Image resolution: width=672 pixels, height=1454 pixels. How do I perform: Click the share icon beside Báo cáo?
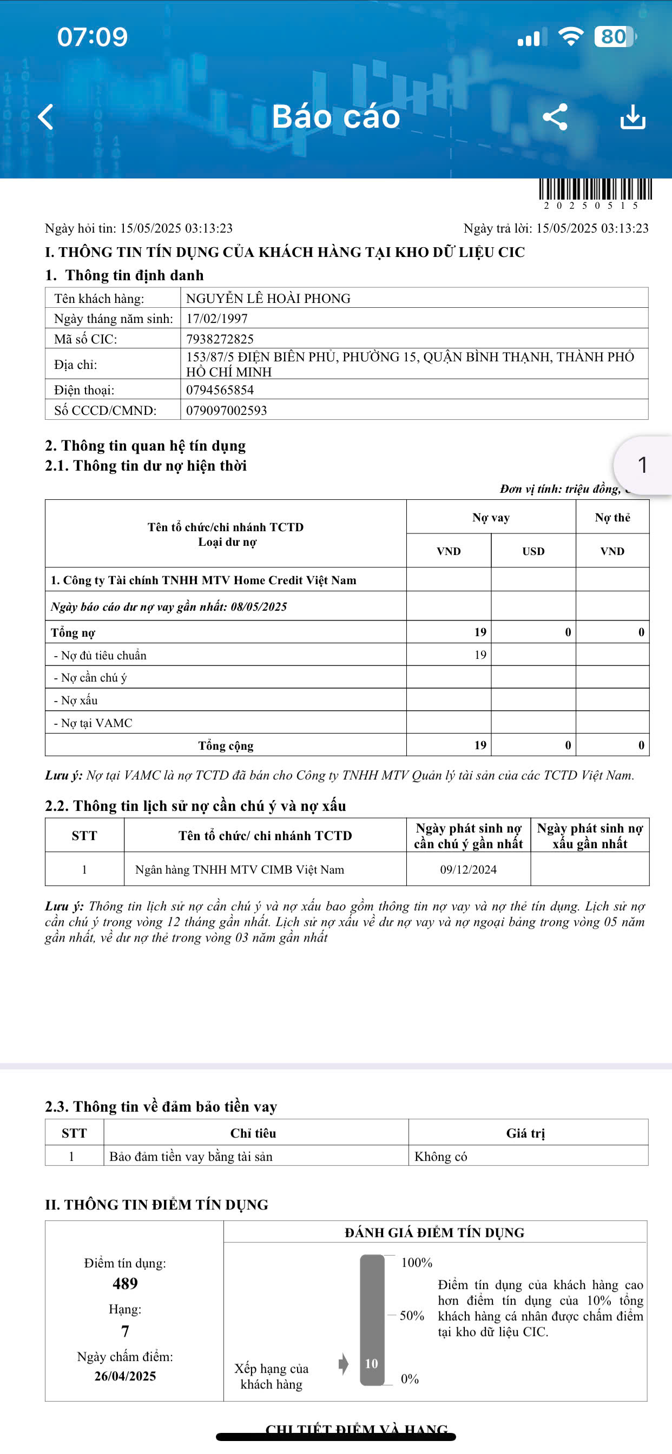tap(555, 117)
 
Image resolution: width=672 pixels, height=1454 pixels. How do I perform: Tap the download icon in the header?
tap(633, 117)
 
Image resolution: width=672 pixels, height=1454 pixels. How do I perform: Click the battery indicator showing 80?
tap(615, 37)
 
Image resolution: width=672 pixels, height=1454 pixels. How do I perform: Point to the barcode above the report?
tap(595, 190)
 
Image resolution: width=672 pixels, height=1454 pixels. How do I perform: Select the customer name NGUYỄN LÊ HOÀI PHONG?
tap(268, 299)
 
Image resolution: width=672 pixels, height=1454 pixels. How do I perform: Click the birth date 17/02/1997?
tap(217, 319)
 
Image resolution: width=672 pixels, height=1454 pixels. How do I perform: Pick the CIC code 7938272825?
tap(220, 339)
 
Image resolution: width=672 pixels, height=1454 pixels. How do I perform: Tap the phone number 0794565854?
tap(220, 390)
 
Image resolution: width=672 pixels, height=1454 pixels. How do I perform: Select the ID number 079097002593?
tap(227, 411)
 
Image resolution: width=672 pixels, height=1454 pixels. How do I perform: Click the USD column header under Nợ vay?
tap(533, 551)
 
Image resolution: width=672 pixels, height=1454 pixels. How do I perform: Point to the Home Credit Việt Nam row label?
tap(203, 580)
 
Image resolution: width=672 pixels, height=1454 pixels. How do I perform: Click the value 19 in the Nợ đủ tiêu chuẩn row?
tap(480, 655)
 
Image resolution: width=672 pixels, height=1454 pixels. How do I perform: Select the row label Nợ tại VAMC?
tap(93, 723)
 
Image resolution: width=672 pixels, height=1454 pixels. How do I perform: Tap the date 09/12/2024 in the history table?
tap(468, 869)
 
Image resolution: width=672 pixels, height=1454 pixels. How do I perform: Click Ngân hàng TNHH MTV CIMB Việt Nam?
tap(240, 869)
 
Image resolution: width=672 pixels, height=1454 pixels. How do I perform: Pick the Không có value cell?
tap(441, 1156)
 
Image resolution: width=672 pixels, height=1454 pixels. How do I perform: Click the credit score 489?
tap(125, 1284)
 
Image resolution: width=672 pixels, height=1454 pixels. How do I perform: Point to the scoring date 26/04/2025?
tap(125, 1376)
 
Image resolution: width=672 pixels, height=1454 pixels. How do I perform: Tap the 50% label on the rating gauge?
tap(412, 1316)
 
